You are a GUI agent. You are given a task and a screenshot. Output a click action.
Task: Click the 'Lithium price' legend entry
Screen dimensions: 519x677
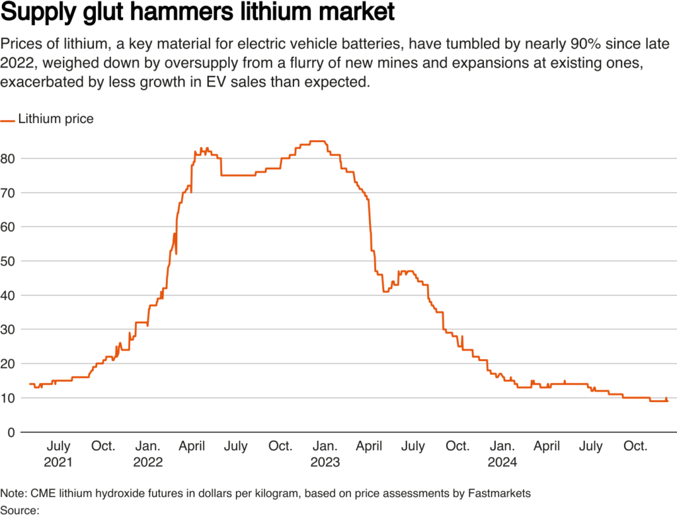pos(56,120)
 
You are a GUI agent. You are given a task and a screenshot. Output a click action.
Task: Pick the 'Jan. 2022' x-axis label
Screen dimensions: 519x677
pos(147,454)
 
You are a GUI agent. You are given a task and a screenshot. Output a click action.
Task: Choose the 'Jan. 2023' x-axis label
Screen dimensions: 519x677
pos(325,454)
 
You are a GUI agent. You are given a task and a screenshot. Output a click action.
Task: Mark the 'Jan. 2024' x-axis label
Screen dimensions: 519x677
pos(502,454)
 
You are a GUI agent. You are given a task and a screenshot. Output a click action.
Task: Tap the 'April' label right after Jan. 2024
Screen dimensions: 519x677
pos(546,446)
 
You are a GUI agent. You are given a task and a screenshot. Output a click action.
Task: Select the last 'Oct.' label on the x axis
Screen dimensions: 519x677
pos(635,446)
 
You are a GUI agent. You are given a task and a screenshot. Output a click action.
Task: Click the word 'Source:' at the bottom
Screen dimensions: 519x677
pos(20,510)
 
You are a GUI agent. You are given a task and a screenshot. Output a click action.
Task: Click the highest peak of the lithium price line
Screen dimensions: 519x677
pos(317,141)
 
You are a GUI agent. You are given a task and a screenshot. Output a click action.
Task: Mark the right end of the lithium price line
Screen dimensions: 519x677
pos(668,400)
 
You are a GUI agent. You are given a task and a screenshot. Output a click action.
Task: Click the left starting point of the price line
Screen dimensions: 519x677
pos(29,384)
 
